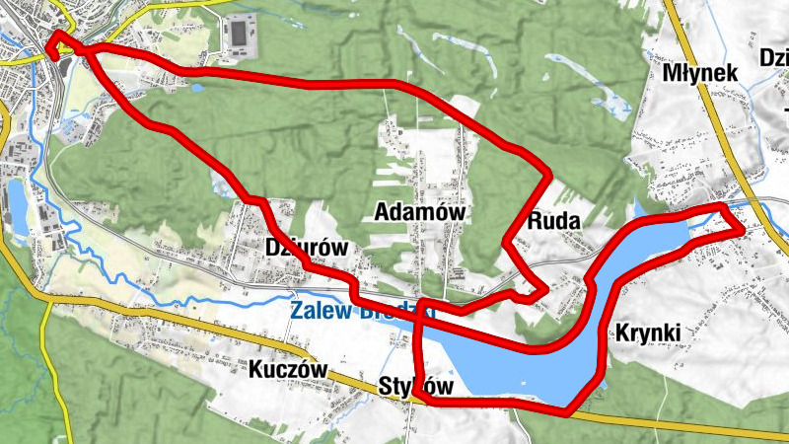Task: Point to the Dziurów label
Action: [x=307, y=247]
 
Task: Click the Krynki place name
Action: [x=647, y=333]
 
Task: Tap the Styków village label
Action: [x=416, y=386]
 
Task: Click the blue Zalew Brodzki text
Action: [x=363, y=312]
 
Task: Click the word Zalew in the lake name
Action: [x=317, y=312]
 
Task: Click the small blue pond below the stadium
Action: [x=197, y=88]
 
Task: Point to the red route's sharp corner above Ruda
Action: [x=548, y=175]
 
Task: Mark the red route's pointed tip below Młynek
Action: [x=740, y=230]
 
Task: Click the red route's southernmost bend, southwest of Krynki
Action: [x=566, y=407]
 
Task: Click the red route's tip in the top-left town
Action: [x=55, y=37]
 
